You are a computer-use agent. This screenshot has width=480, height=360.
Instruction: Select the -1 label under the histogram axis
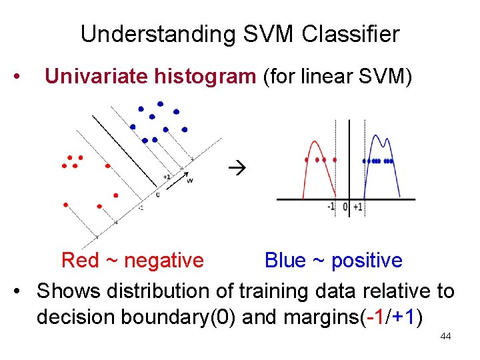click(x=331, y=207)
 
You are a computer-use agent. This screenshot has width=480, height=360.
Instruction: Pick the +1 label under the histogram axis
click(x=358, y=207)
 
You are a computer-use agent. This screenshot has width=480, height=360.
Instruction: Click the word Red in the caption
click(x=79, y=260)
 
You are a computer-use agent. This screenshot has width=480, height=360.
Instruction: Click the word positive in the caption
click(x=367, y=260)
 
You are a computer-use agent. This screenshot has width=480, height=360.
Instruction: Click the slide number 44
click(x=445, y=337)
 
